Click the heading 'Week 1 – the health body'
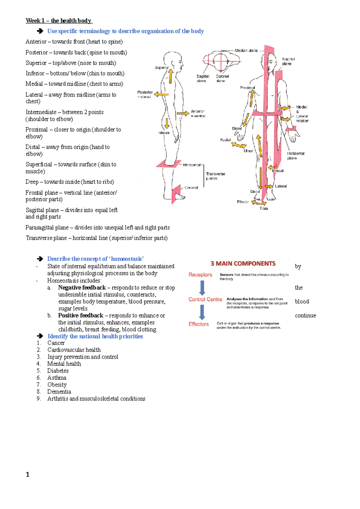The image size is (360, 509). [x=59, y=21]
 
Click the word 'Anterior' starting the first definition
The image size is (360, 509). [x=36, y=42]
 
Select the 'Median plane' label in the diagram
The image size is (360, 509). [x=246, y=50]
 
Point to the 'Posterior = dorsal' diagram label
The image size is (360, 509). [x=145, y=94]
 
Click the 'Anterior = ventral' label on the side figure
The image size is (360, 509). [x=198, y=113]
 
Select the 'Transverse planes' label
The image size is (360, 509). [x=215, y=176]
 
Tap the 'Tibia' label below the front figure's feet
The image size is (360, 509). [x=264, y=208]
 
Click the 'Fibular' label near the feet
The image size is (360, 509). [x=243, y=202]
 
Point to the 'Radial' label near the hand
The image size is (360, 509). [x=225, y=140]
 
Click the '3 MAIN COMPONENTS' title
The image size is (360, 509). [x=243, y=263]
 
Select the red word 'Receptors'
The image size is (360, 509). [x=200, y=275]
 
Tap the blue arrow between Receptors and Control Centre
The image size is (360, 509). [x=202, y=288]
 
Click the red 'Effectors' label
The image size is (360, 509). [x=198, y=324]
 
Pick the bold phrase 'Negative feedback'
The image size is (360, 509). [x=82, y=287]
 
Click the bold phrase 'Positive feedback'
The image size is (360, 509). [x=81, y=315]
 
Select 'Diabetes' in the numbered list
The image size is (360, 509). [x=58, y=371]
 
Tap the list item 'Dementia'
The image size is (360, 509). [x=59, y=392]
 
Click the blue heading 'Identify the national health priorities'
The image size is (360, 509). [x=95, y=336]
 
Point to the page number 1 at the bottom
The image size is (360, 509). [x=28, y=475]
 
